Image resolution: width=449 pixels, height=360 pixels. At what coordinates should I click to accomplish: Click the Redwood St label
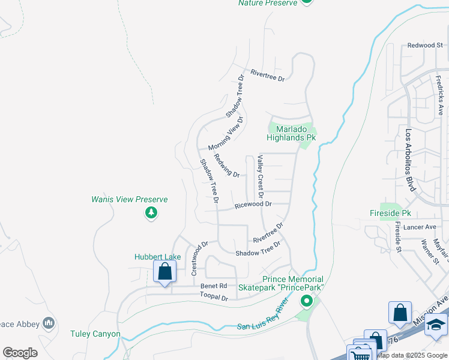click(x=424, y=45)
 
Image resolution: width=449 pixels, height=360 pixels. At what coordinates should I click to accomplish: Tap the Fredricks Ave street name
click(x=441, y=95)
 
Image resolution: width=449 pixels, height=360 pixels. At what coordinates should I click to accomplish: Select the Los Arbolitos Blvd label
click(x=411, y=161)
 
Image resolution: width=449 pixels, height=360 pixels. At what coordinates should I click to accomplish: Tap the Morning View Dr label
click(x=226, y=134)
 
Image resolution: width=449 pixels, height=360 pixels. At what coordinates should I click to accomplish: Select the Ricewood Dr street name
click(x=253, y=204)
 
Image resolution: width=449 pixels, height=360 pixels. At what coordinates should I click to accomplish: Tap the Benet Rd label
click(x=214, y=286)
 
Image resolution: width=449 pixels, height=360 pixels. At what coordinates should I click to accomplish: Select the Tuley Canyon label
click(x=95, y=334)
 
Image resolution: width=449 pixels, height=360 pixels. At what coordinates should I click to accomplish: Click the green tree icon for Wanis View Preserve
click(x=151, y=213)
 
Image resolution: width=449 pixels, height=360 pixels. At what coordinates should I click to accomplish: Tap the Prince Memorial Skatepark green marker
click(x=307, y=300)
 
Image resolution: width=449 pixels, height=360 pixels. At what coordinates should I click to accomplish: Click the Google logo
click(x=20, y=353)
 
